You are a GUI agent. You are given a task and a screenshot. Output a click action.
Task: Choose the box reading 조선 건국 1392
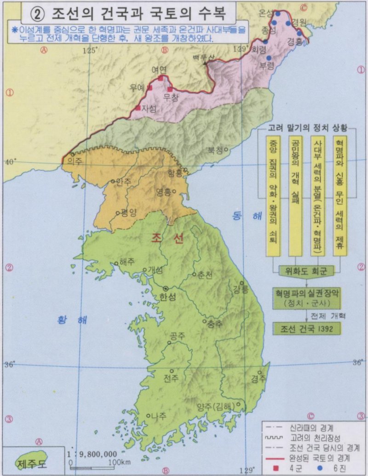point(306,328)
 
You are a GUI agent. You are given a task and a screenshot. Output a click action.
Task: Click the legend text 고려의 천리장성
point(313,436)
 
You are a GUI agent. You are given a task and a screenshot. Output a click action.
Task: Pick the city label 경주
point(258,378)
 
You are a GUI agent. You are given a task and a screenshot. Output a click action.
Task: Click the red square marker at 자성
point(138,108)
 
